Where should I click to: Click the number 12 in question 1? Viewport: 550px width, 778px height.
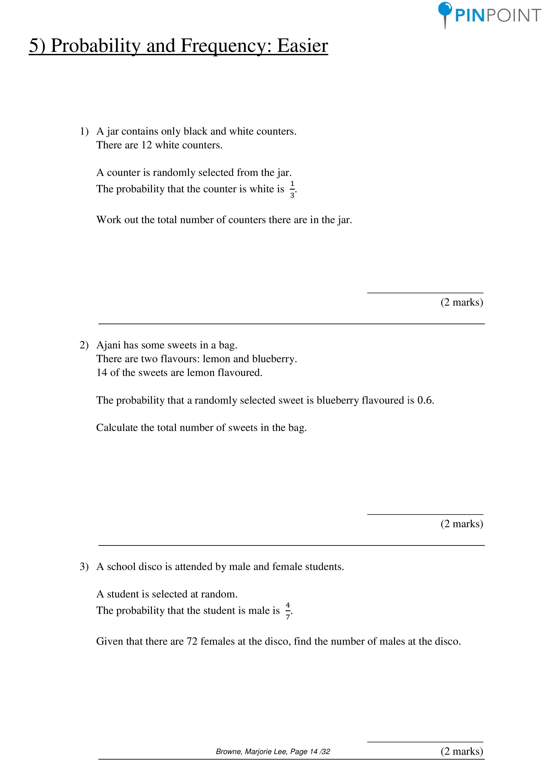[x=146, y=145]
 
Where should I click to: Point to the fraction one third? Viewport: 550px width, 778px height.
[x=292, y=189]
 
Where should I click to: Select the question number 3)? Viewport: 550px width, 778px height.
[x=84, y=567]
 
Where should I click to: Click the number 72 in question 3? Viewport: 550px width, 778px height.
[x=192, y=641]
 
